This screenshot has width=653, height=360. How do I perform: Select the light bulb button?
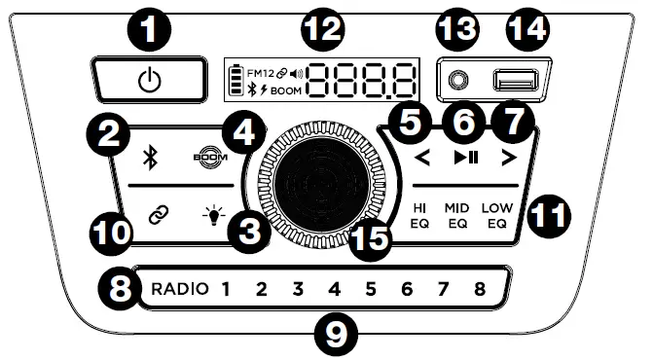point(207,214)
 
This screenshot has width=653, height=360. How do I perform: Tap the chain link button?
point(152,214)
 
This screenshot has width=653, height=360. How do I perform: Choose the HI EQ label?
point(420,214)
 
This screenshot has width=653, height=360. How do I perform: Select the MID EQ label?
point(457,214)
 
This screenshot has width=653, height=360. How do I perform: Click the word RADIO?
point(178,288)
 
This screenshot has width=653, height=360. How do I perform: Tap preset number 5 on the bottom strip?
point(371,288)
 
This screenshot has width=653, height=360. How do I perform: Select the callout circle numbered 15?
point(369,235)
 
